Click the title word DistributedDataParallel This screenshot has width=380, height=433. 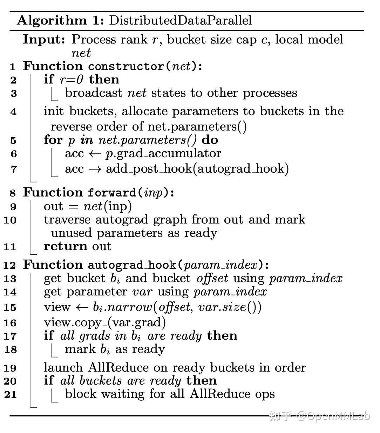(180, 20)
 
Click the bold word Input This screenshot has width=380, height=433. (44, 39)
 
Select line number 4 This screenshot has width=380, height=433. (13, 112)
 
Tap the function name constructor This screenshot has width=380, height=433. (126, 66)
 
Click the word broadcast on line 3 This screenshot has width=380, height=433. (94, 93)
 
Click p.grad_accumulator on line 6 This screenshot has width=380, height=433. (163, 153)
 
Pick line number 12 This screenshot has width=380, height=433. (11, 265)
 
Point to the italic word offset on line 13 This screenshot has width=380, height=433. (212, 278)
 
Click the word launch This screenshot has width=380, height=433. (63, 368)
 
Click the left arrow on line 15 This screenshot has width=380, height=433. (81, 307)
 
